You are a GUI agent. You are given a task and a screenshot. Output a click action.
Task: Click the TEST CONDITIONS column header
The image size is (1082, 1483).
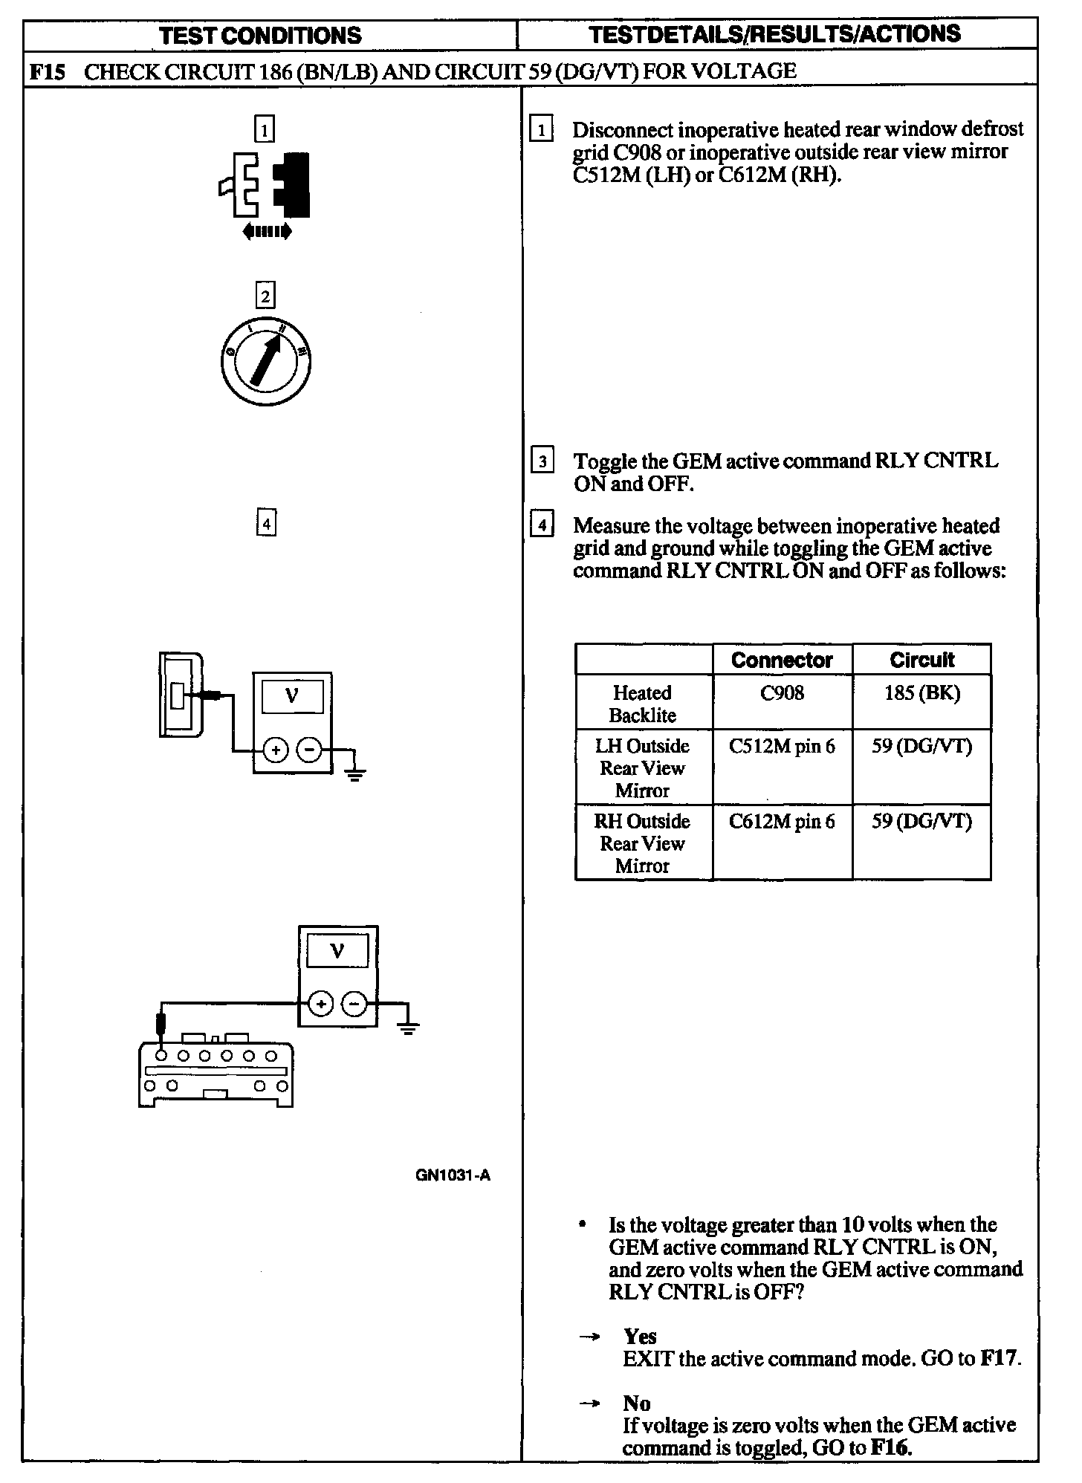click(x=260, y=35)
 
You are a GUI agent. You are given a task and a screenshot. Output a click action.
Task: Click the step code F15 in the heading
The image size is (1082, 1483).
click(x=47, y=73)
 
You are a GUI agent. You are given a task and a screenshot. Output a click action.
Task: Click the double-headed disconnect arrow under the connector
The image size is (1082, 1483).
click(x=268, y=232)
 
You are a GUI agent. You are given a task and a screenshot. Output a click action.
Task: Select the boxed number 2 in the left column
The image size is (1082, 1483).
click(x=265, y=295)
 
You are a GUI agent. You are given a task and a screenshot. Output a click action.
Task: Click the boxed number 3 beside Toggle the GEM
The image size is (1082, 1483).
click(x=542, y=461)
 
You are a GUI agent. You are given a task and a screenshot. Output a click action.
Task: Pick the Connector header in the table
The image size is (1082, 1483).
click(x=782, y=660)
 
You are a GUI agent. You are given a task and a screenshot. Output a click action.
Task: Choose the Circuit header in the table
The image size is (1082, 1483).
click(x=921, y=660)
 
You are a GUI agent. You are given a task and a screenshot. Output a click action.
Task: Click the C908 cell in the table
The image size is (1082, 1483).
click(x=782, y=692)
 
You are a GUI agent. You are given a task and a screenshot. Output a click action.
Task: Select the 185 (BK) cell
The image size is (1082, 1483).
click(x=921, y=693)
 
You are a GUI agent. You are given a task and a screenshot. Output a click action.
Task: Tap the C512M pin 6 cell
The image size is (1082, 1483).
click(x=782, y=745)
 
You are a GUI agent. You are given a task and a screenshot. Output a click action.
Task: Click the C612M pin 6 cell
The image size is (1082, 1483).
click(x=782, y=821)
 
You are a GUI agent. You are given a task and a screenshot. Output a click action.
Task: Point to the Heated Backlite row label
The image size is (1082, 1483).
click(x=642, y=704)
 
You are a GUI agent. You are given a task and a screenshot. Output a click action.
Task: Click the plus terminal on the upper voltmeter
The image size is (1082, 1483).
click(x=276, y=750)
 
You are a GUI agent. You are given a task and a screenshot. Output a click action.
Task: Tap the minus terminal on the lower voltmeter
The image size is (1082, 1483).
click(x=354, y=1005)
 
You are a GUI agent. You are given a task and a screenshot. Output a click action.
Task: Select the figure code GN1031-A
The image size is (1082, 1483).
click(x=453, y=1175)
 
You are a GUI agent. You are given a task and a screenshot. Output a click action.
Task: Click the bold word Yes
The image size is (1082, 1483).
click(x=640, y=1337)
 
